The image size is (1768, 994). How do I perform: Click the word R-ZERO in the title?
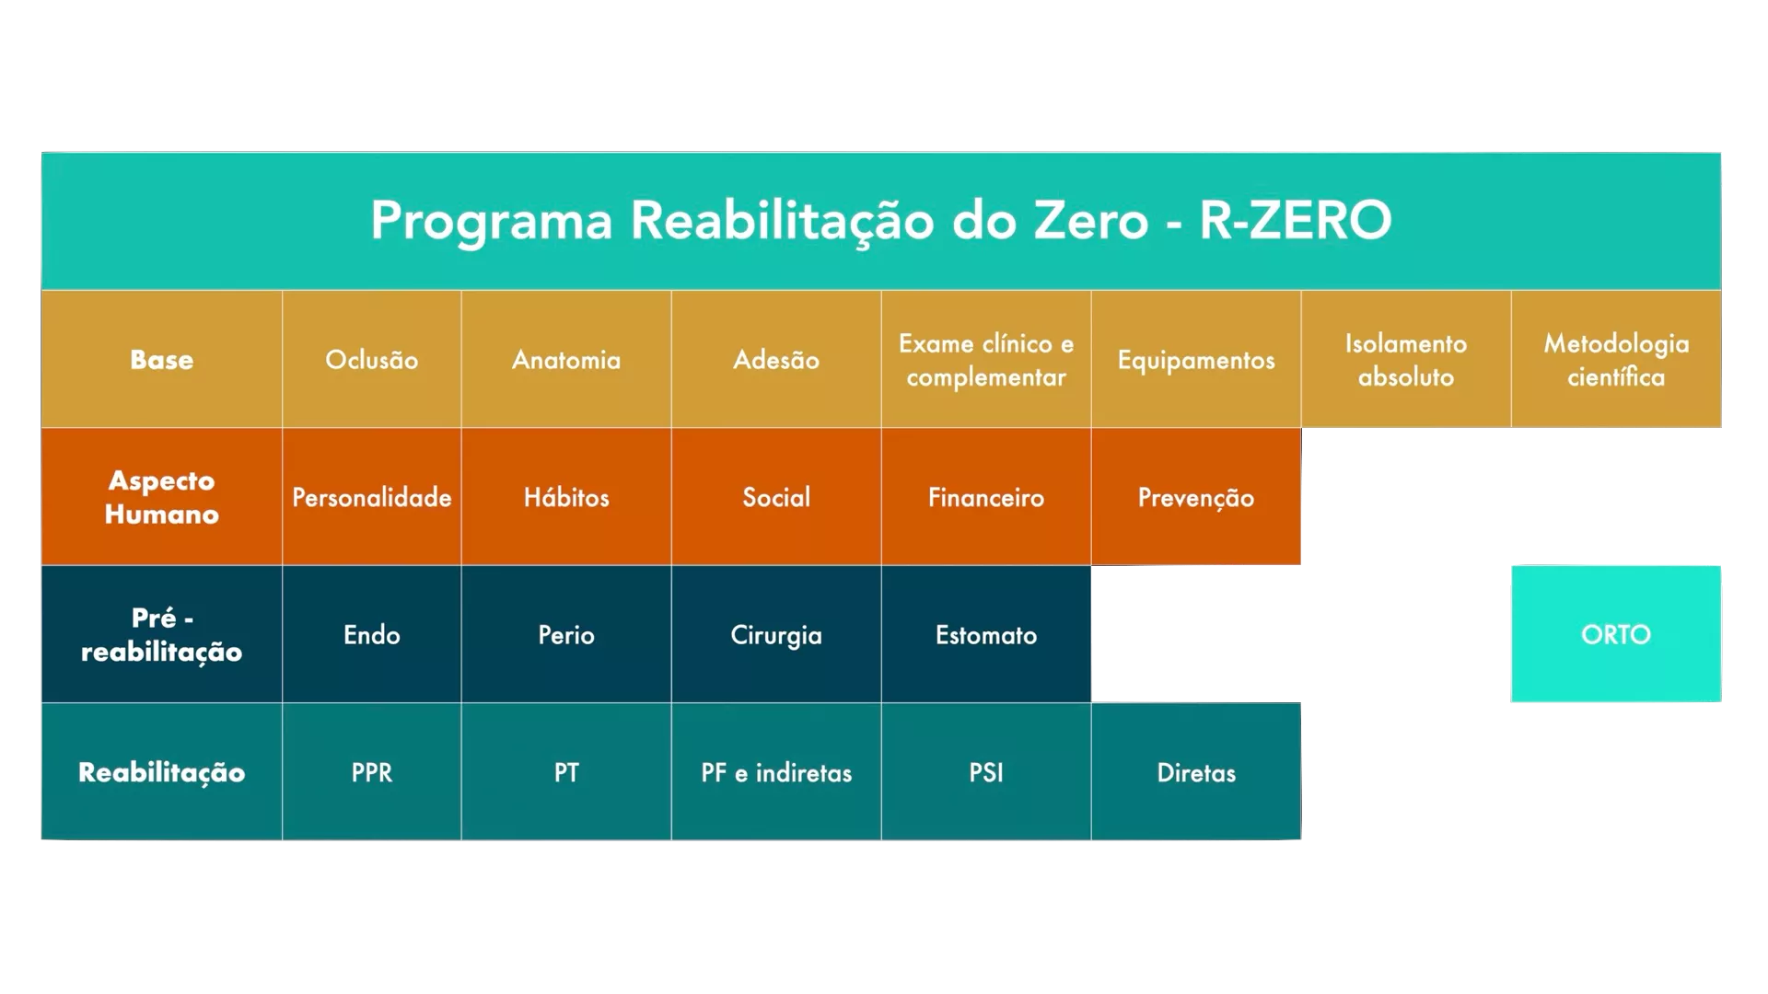click(1295, 220)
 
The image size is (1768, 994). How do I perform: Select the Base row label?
click(162, 359)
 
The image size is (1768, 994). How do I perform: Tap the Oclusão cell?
click(372, 359)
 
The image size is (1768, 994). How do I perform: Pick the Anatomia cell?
click(566, 359)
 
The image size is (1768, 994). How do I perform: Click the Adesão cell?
click(776, 359)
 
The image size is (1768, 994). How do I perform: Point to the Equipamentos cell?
click(1196, 359)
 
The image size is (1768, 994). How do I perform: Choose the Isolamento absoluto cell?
click(1406, 359)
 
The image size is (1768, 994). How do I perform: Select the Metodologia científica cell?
click(1616, 359)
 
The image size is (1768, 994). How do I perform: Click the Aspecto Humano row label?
click(162, 496)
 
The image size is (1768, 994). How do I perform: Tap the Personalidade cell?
click(372, 496)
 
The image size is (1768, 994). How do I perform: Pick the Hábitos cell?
click(566, 496)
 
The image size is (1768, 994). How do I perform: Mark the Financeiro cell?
click(986, 496)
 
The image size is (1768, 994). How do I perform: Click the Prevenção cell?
click(1196, 496)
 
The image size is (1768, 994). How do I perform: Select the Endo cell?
click(372, 634)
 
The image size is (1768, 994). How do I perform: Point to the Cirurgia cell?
click(776, 634)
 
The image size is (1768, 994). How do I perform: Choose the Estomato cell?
click(986, 634)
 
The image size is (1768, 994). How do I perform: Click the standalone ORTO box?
click(1616, 634)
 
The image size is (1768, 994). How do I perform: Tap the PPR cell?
click(372, 771)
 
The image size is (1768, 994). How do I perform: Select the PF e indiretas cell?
click(776, 771)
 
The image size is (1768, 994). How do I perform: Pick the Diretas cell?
click(1196, 771)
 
